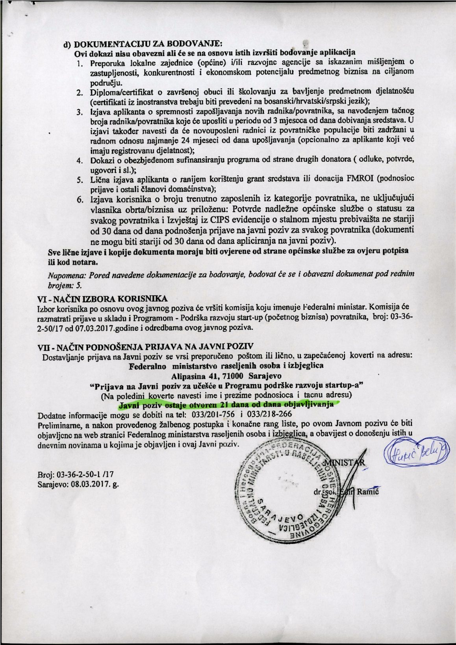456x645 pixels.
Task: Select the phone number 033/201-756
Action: coord(213,415)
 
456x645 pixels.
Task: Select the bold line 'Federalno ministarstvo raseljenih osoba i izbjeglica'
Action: coord(226,366)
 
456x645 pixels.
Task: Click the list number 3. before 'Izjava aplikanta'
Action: coord(80,112)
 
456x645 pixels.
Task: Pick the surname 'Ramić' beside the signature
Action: coord(368,492)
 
